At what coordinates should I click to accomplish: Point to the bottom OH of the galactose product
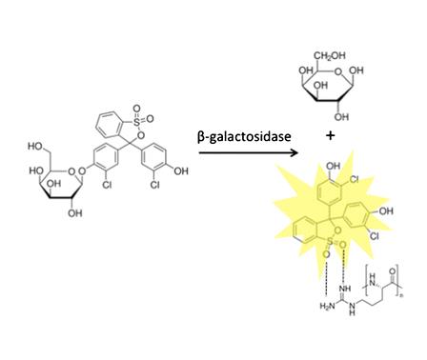[x=341, y=117]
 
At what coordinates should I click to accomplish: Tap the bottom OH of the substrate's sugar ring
[x=72, y=216]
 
